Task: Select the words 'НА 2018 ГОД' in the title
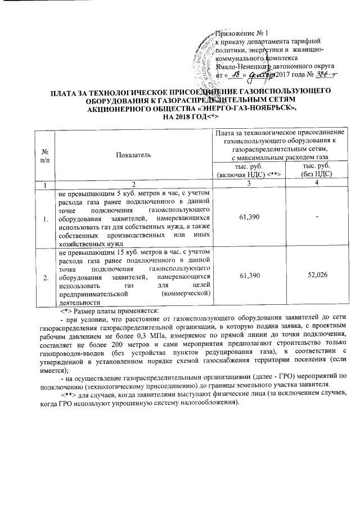(181, 116)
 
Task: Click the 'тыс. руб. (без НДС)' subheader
(316, 170)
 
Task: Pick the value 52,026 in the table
(316, 276)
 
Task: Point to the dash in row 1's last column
(316, 217)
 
